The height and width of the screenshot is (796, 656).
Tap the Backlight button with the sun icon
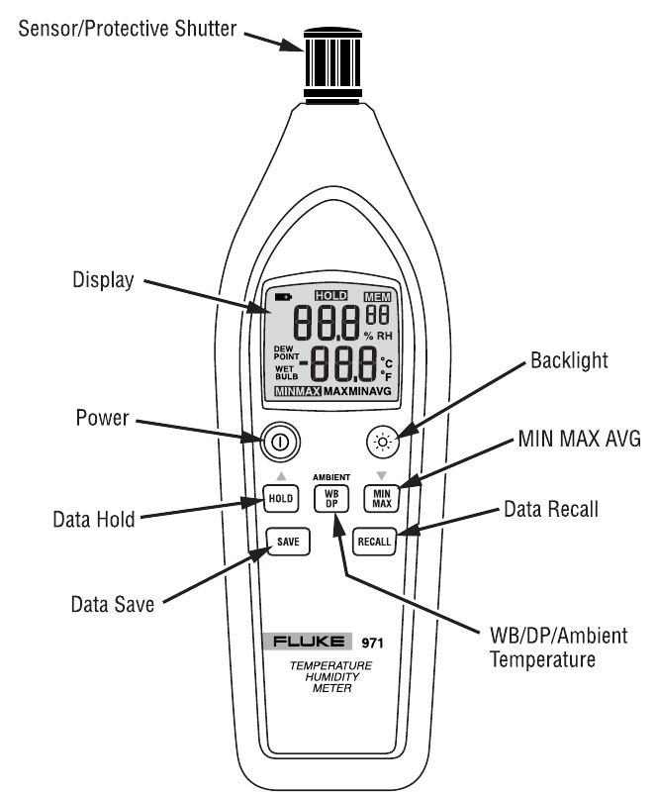pos(380,443)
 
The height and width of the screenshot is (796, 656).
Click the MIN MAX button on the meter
pos(380,498)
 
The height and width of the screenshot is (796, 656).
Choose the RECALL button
pos(375,542)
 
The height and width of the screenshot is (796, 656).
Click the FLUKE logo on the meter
pos(316,642)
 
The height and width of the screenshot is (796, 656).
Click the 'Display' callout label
pos(102,282)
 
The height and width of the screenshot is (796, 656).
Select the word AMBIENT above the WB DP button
pos(331,476)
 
